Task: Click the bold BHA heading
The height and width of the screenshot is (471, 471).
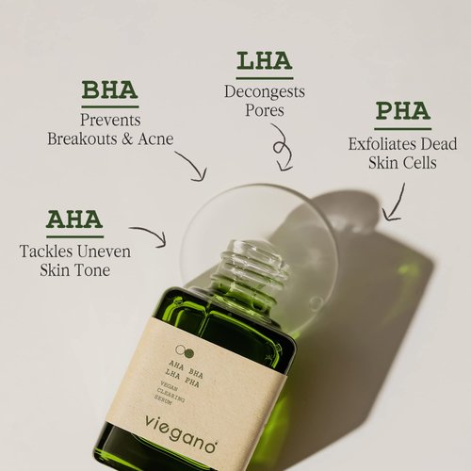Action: click(x=109, y=90)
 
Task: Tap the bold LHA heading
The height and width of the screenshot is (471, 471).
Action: click(x=264, y=62)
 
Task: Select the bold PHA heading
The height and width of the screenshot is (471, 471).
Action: click(x=402, y=112)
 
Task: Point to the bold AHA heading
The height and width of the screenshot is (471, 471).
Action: click(x=74, y=219)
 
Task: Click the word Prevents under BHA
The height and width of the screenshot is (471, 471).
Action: click(x=110, y=121)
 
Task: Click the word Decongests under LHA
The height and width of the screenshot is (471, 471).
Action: click(x=264, y=91)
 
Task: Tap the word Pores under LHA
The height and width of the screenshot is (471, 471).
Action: click(x=265, y=110)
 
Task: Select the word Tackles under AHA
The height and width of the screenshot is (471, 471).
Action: click(x=47, y=252)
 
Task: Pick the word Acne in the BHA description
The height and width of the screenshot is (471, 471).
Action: click(x=154, y=139)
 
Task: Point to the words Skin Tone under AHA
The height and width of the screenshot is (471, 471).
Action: click(x=74, y=270)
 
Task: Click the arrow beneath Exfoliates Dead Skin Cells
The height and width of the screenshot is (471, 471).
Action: click(x=393, y=203)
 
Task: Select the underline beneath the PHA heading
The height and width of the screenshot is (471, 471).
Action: click(x=402, y=128)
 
